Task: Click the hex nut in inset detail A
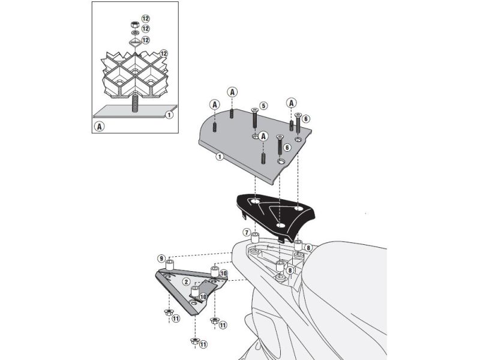pyautogui.click(x=134, y=25)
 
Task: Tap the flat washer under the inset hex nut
pyautogui.click(x=134, y=32)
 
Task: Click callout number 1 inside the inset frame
pyautogui.click(x=169, y=114)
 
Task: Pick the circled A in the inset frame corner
pyautogui.click(x=100, y=127)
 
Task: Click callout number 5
pyautogui.click(x=263, y=106)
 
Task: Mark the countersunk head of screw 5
pyautogui.click(x=255, y=110)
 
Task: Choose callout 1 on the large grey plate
pyautogui.click(x=220, y=157)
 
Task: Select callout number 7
pyautogui.click(x=246, y=232)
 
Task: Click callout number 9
pyautogui.click(x=161, y=258)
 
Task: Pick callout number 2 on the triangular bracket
pyautogui.click(x=187, y=280)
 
